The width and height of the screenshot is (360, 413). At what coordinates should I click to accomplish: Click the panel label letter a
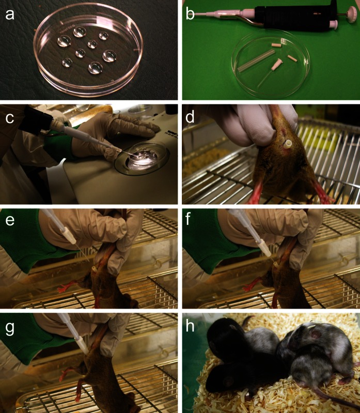click(x=10, y=14)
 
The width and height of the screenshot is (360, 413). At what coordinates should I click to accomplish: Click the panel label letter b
click(x=190, y=13)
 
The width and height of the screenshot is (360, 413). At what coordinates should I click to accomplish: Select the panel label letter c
click(x=10, y=118)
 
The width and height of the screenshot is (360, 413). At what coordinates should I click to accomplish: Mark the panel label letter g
click(x=10, y=329)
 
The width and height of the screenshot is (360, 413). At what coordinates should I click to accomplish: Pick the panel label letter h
click(x=190, y=326)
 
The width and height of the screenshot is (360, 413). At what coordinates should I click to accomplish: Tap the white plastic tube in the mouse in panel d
click(x=288, y=144)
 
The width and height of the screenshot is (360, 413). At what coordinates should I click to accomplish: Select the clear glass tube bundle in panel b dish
click(x=255, y=60)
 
